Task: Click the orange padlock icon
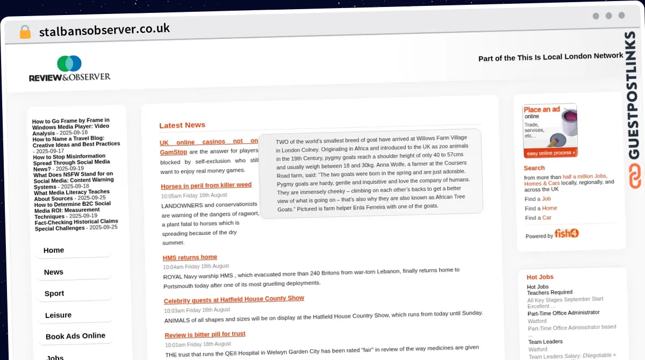(25, 32)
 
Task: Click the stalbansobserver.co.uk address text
(104, 30)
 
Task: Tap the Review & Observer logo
(70, 69)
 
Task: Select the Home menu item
(54, 250)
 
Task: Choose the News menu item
(54, 272)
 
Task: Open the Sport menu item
(54, 293)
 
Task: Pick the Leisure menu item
(58, 315)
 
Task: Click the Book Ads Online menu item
(75, 336)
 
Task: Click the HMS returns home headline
(190, 257)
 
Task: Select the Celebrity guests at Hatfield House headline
(234, 299)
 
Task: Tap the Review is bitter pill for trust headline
(205, 335)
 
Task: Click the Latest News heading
(182, 125)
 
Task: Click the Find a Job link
(546, 199)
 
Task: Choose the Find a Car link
(547, 218)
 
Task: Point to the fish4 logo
(567, 233)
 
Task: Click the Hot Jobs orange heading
(540, 277)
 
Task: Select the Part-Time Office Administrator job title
(563, 313)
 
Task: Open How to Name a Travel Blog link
(76, 141)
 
